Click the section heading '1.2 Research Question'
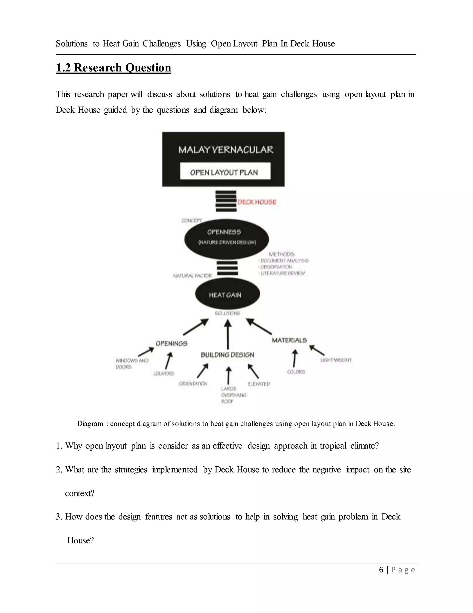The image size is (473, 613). pos(113,68)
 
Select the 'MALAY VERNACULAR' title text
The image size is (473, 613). pos(226,150)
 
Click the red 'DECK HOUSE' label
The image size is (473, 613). pos(257,202)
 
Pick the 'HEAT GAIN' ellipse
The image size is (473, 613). pos(227,295)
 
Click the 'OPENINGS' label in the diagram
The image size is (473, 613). pos(172,344)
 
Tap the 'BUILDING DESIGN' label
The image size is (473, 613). pos(227,355)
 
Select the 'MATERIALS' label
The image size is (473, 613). pos(289,340)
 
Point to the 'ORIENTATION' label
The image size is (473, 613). pos(193,384)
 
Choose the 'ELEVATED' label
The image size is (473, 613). pos(258,384)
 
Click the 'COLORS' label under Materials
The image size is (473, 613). pos(296,372)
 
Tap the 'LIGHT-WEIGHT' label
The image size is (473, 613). pos(336,360)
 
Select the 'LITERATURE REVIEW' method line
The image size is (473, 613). pos(282,273)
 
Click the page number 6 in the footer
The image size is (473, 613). pos(381,570)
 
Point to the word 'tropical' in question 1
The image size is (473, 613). pos(333,446)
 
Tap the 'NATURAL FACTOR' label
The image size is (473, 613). pos(193,276)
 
